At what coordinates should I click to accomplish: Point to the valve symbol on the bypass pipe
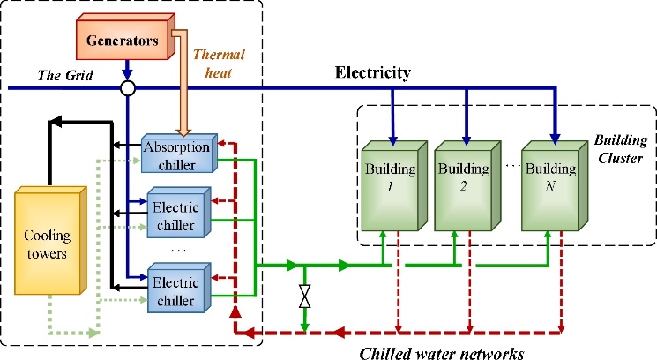click(305, 296)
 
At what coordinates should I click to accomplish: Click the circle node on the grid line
click(129, 87)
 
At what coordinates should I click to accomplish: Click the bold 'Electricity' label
click(374, 72)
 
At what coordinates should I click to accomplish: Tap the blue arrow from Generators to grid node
click(129, 71)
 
